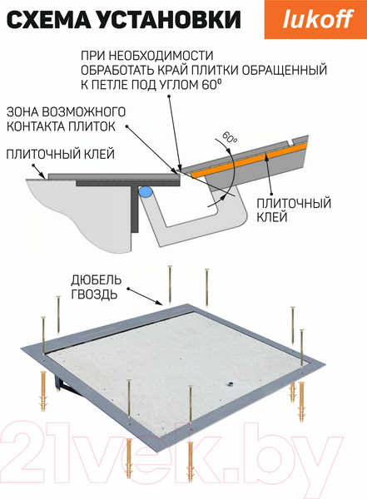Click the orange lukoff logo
[x=315, y=19]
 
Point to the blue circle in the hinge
[x=146, y=192]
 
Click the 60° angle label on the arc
[x=230, y=137]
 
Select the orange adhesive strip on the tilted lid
[x=249, y=160]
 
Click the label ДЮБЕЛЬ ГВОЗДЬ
[x=96, y=287]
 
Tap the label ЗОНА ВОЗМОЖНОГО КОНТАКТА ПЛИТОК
[x=66, y=119]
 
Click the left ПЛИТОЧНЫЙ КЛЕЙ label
[x=61, y=154]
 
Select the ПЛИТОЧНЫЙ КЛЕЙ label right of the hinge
[x=294, y=210]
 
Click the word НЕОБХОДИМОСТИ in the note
[x=161, y=56]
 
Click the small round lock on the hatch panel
[x=230, y=385]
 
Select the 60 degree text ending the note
[x=211, y=84]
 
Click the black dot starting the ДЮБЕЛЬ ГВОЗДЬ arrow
[x=129, y=289]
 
